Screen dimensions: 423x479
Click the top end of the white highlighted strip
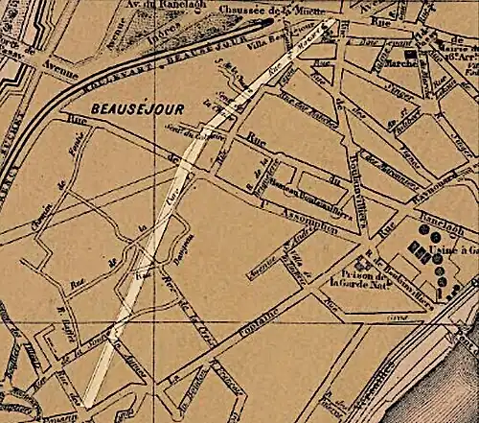330,22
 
